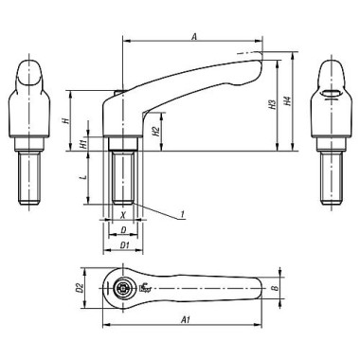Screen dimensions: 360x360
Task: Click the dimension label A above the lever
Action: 194,37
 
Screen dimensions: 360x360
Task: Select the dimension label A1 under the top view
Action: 185,320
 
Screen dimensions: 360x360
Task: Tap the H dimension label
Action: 64,121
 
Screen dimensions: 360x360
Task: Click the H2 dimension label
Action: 155,132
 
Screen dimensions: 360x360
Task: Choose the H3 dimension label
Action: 272,105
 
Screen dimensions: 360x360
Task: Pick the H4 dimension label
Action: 287,100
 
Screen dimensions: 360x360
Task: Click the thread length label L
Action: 82,177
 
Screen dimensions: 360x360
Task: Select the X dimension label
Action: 123,215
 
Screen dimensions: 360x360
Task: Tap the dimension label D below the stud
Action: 123,230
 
